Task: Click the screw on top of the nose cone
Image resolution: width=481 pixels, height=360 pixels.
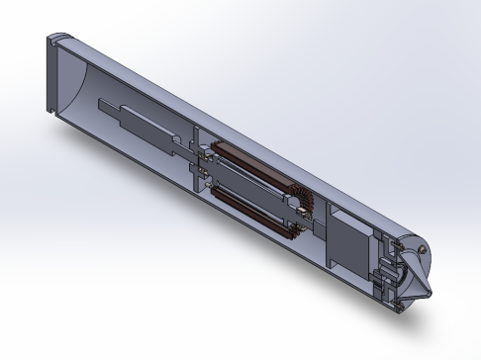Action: [x=425, y=249]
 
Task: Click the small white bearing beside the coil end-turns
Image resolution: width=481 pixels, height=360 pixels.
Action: [x=294, y=209]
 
